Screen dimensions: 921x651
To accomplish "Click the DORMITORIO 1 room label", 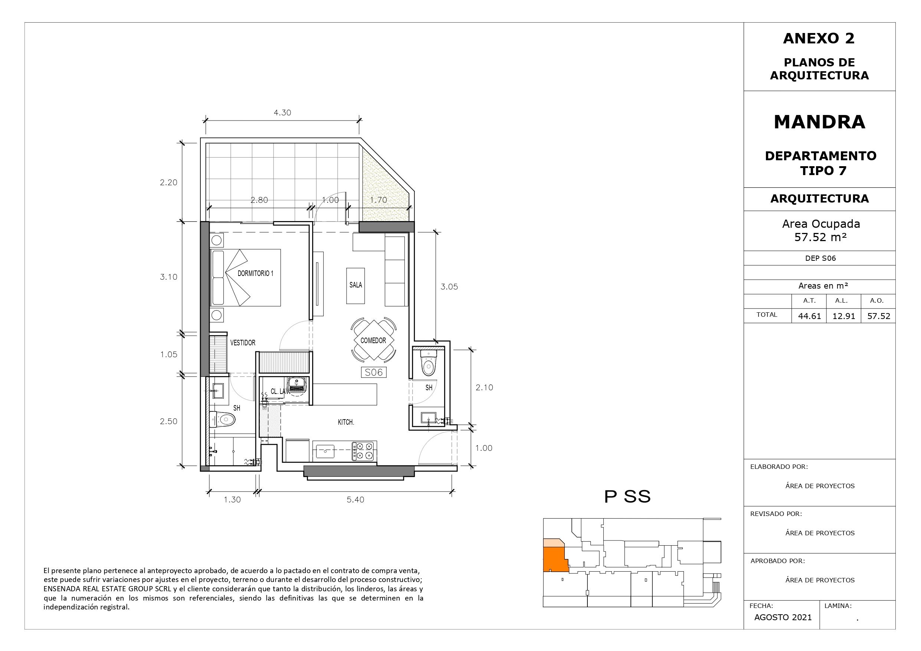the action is click(256, 273).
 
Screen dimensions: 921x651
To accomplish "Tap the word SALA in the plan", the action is click(356, 285).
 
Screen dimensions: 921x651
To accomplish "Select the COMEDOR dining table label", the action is click(373, 341).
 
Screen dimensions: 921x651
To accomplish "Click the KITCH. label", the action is click(346, 423).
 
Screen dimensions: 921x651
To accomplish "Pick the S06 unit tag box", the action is click(373, 372).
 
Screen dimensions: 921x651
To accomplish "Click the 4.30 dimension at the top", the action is click(282, 113).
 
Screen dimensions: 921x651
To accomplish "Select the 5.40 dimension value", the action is click(355, 500).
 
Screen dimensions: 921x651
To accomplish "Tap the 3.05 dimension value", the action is click(449, 287).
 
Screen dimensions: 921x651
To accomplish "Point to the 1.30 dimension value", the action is click(232, 500).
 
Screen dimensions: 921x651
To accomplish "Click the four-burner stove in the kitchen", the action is click(363, 451).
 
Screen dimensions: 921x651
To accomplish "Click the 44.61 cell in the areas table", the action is click(809, 316).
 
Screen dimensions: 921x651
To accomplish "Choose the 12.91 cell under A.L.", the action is click(844, 316).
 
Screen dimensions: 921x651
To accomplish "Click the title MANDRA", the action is click(820, 122).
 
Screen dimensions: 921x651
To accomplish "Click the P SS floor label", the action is click(627, 497).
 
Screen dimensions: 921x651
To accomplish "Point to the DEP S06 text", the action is click(821, 258).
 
